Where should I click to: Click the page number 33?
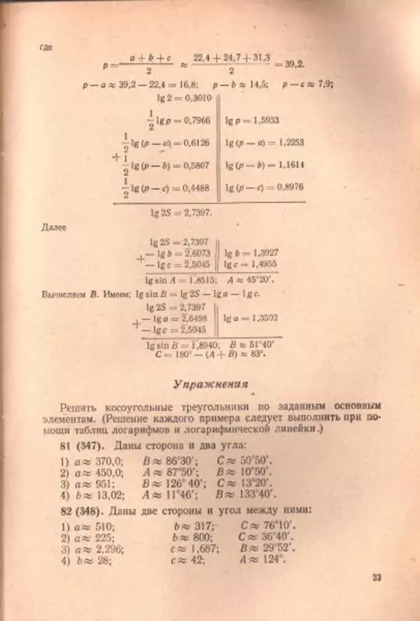pos(376,578)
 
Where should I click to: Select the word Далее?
pos(55,228)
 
